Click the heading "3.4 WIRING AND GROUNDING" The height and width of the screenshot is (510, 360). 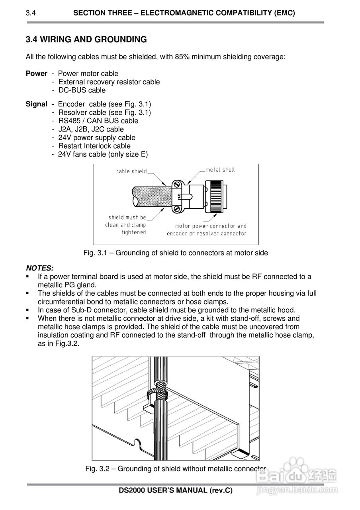coord(86,39)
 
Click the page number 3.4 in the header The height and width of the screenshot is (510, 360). coord(31,13)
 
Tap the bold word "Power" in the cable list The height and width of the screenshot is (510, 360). coord(36,73)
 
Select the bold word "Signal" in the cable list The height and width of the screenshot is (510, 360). coord(36,104)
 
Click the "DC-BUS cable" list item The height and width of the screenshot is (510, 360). coord(82,90)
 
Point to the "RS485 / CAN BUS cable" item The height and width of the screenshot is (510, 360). coord(98,121)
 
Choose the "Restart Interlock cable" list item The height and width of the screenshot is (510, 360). coord(94,146)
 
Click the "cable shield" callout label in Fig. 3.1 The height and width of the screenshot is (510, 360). coord(131,171)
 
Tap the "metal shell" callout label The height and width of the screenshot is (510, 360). coord(220,170)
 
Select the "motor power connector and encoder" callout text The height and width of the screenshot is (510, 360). coord(207,229)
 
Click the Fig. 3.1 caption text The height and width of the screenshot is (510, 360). coord(176,253)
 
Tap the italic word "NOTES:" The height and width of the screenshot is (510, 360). coord(39,268)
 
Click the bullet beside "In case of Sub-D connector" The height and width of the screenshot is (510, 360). coord(27,310)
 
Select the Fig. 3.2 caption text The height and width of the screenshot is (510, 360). coord(175,469)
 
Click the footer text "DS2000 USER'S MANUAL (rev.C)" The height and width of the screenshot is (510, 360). coord(176,490)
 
